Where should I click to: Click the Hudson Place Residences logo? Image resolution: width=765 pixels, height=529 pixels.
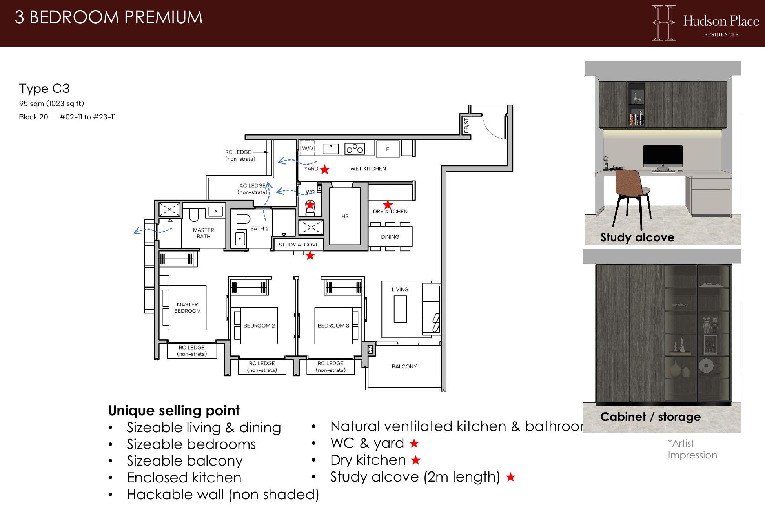pos(705,23)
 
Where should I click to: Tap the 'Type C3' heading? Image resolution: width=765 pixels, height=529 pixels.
pos(44,89)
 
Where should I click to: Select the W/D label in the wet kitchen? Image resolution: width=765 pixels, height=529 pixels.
pos(308,148)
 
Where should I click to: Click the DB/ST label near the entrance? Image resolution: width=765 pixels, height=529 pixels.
pos(466,125)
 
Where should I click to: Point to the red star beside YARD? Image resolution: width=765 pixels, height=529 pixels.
pos(324,169)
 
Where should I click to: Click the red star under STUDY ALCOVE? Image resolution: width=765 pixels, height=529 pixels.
pos(310,255)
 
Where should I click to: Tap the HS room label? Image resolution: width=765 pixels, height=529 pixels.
pos(345,216)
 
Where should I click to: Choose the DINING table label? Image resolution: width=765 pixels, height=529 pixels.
pos(390,237)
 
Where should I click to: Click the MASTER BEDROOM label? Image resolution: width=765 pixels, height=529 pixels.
pos(188,308)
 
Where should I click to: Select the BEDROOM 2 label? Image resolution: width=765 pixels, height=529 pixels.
pos(259,326)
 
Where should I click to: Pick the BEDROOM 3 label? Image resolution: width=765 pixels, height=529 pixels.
pos(333,326)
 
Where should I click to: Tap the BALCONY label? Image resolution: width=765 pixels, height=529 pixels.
pos(404,366)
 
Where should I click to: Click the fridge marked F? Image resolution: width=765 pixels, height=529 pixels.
pos(388,149)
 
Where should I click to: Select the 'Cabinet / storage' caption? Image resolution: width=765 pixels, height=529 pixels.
pos(650,417)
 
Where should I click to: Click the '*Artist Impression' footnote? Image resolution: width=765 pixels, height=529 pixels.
pos(692,449)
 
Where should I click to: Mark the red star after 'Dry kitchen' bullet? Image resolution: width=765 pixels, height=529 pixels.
pos(415,460)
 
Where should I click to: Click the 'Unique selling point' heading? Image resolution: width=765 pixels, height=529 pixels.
pos(174,411)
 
